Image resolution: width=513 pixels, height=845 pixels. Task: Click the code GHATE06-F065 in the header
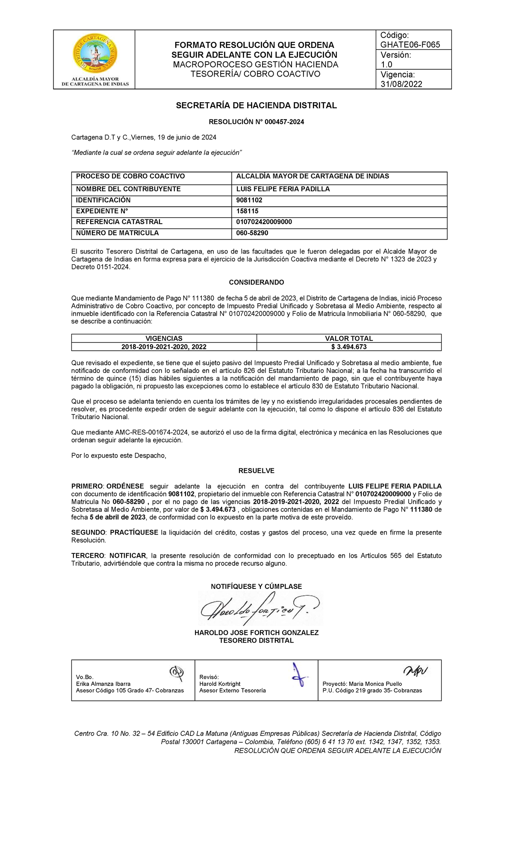(410, 44)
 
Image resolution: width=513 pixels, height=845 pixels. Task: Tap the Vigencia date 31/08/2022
(401, 84)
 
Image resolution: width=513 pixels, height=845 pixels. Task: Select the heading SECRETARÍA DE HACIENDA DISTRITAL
(256, 105)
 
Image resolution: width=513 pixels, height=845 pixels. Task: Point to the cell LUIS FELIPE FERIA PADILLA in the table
(283, 189)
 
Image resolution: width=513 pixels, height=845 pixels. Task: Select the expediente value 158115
(247, 211)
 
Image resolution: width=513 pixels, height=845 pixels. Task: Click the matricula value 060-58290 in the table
(252, 233)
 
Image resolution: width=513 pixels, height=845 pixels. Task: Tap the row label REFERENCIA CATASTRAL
(119, 222)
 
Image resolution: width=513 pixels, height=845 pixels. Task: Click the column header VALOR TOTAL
(348, 338)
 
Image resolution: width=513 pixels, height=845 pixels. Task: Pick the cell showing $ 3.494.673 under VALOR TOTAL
(348, 347)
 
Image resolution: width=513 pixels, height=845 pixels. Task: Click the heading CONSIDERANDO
(256, 282)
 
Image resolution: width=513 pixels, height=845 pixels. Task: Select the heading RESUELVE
(256, 471)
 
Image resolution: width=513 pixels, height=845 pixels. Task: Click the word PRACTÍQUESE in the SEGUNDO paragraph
(134, 532)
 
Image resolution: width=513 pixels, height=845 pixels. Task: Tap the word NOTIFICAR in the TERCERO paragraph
(127, 555)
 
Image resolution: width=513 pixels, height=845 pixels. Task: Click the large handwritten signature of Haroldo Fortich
(259, 609)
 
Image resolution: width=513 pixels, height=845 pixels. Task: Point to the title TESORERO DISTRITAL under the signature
(256, 641)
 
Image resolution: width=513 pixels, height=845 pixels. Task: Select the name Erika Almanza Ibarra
(103, 684)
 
